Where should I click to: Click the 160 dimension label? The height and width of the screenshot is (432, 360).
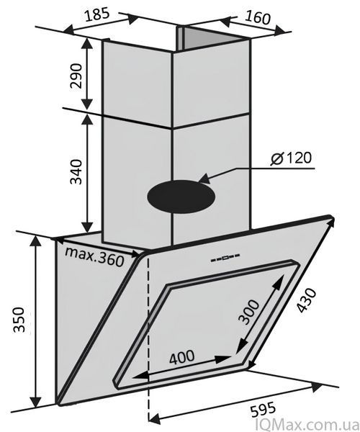(x=257, y=17)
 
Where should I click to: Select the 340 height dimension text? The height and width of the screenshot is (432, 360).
(x=76, y=171)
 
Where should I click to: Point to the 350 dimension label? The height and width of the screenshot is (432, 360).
(x=19, y=320)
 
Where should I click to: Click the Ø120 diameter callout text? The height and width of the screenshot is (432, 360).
(x=291, y=158)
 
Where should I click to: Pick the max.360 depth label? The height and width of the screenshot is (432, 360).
(x=94, y=256)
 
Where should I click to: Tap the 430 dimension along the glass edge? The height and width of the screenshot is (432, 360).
(x=307, y=300)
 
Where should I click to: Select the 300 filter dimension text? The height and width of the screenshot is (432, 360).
(x=248, y=312)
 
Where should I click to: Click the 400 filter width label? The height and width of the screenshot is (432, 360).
(x=181, y=357)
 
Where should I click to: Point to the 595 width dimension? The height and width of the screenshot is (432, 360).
(x=263, y=410)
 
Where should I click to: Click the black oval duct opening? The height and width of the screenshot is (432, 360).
(x=181, y=197)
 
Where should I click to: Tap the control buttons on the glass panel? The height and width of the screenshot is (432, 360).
(x=225, y=258)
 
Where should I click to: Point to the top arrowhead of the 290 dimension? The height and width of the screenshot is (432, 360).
(x=88, y=45)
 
